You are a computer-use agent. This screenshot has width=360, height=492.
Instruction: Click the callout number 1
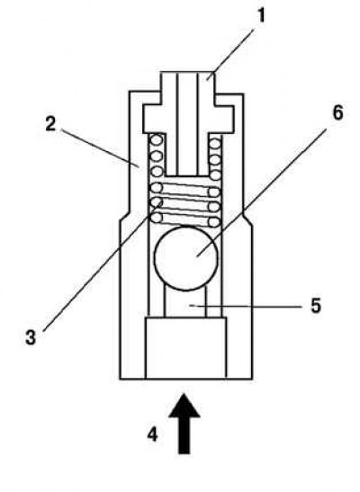pyautogui.click(x=261, y=15)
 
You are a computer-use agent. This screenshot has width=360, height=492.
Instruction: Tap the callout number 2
pyautogui.click(x=50, y=123)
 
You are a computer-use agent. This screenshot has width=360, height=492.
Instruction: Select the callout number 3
pyautogui.click(x=31, y=337)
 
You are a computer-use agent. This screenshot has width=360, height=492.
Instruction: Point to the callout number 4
pyautogui.click(x=152, y=434)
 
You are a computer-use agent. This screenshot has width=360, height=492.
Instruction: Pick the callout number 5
pyautogui.click(x=317, y=305)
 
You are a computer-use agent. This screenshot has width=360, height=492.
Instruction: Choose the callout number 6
pyautogui.click(x=337, y=112)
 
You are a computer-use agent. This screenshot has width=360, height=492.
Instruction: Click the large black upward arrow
pyautogui.click(x=184, y=424)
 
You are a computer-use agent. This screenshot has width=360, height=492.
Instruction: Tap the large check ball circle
pyautogui.click(x=186, y=258)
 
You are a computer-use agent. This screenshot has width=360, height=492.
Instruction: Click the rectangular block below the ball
pyautogui.click(x=185, y=348)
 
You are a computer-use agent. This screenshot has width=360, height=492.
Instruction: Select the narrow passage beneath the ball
pyautogui.click(x=185, y=303)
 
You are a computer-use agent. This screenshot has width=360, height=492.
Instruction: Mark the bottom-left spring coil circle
pyautogui.click(x=157, y=218)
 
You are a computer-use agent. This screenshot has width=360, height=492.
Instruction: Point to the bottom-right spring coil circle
pyautogui.click(x=214, y=222)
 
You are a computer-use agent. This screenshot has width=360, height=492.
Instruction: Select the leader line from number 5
pyautogui.click(x=247, y=306)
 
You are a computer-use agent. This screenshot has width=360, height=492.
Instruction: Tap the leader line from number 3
pyautogui.click(x=103, y=266)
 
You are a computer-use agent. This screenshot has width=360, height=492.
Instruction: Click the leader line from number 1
pyautogui.click(x=230, y=53)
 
